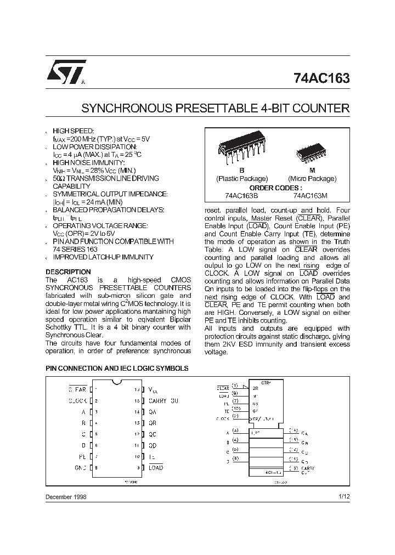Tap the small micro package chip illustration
[x=312, y=153]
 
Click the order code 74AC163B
[x=241, y=195]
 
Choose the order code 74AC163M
[x=311, y=195]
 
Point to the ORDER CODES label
[x=277, y=187]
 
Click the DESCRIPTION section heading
[x=68, y=272]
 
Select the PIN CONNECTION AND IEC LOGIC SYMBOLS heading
[x=117, y=369]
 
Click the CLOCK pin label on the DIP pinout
[x=77, y=401]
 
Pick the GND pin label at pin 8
[x=81, y=468]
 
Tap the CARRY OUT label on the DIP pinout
[x=163, y=401]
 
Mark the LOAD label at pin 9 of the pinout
[x=156, y=468]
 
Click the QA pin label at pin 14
[x=153, y=412]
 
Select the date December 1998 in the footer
[x=65, y=496]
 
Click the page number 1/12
[x=343, y=496]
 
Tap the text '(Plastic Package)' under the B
[x=242, y=179]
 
